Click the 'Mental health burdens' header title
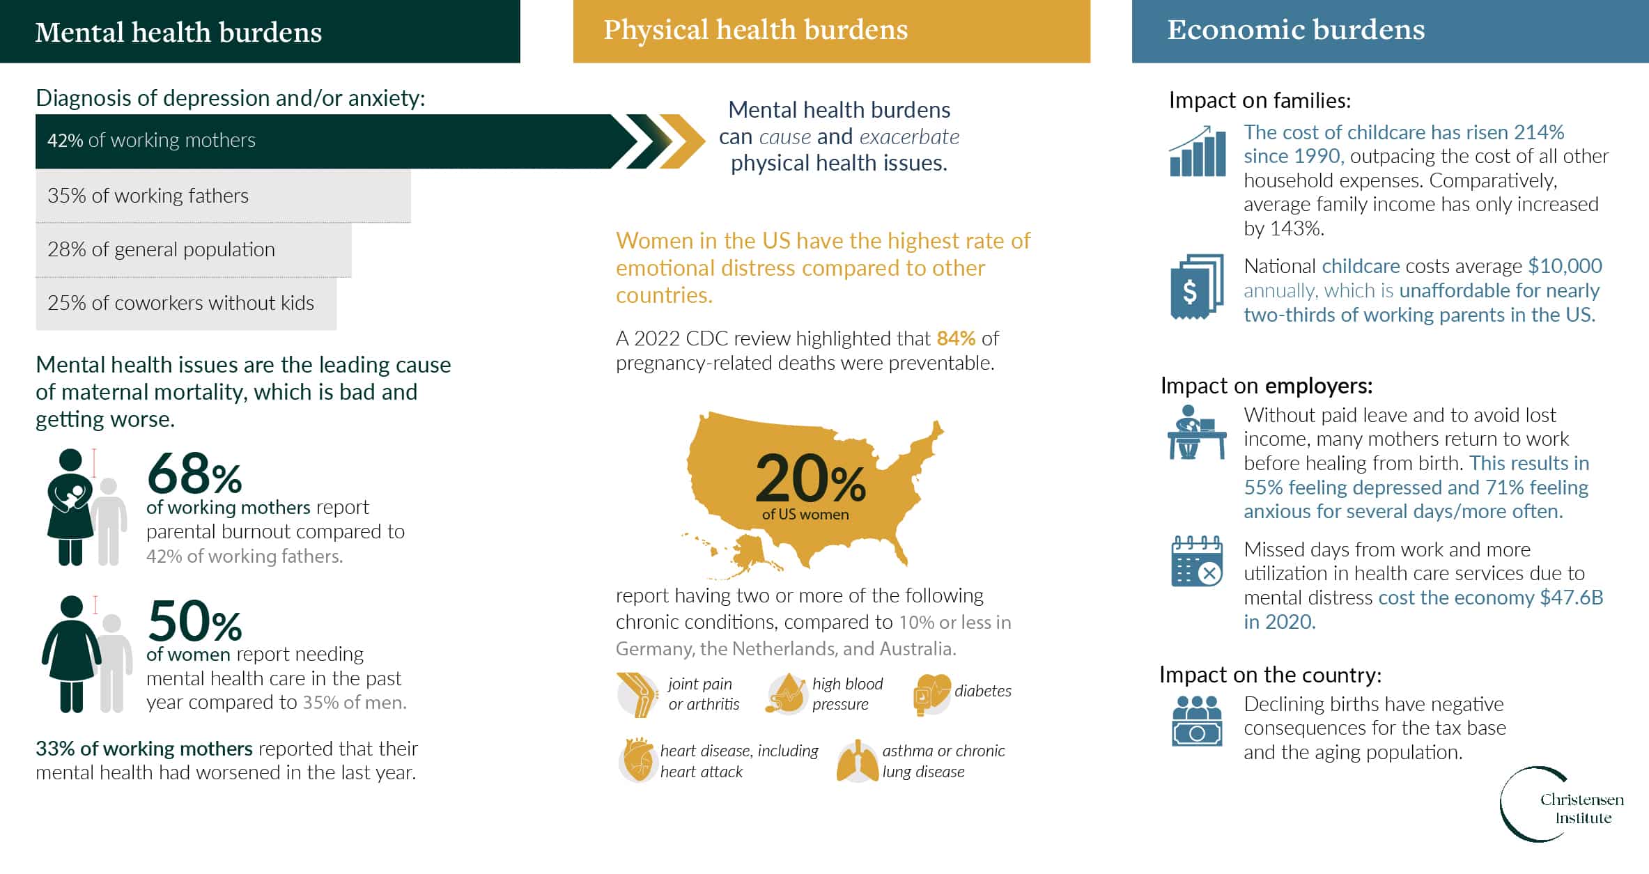(x=178, y=32)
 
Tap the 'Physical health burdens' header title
(x=756, y=30)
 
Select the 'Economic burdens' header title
(x=1296, y=30)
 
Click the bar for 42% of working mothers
(x=334, y=141)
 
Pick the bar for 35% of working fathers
(x=223, y=196)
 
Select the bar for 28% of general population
(x=194, y=249)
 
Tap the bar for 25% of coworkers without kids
(x=186, y=303)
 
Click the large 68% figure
(x=194, y=474)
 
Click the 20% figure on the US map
(x=810, y=480)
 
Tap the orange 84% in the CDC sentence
(x=956, y=338)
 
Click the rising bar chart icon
(x=1198, y=151)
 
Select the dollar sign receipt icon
(x=1197, y=286)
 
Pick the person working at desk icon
(x=1197, y=432)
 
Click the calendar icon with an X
(x=1197, y=561)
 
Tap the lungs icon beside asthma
(x=858, y=761)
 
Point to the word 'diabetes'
(x=983, y=691)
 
